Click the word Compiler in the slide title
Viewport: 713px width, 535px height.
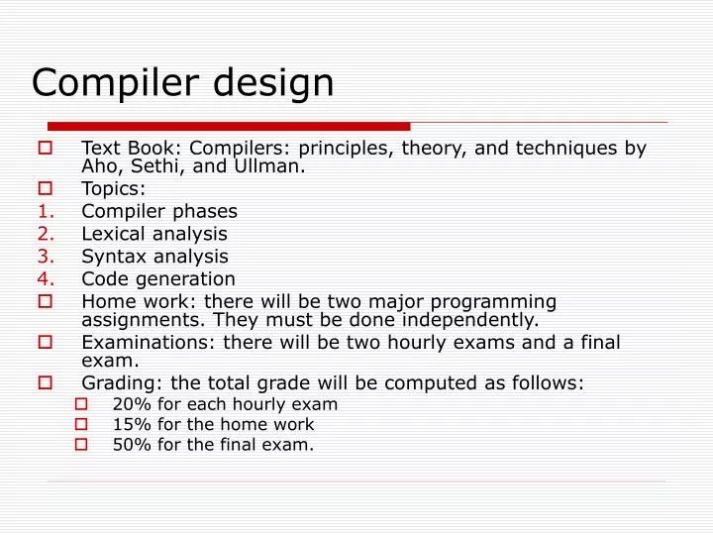click(110, 82)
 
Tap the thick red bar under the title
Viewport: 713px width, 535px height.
click(229, 126)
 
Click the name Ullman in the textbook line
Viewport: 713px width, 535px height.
click(268, 166)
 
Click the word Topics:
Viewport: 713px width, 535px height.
click(113, 188)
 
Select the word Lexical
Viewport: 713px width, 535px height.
click(113, 234)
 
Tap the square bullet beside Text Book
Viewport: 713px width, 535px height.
click(47, 149)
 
